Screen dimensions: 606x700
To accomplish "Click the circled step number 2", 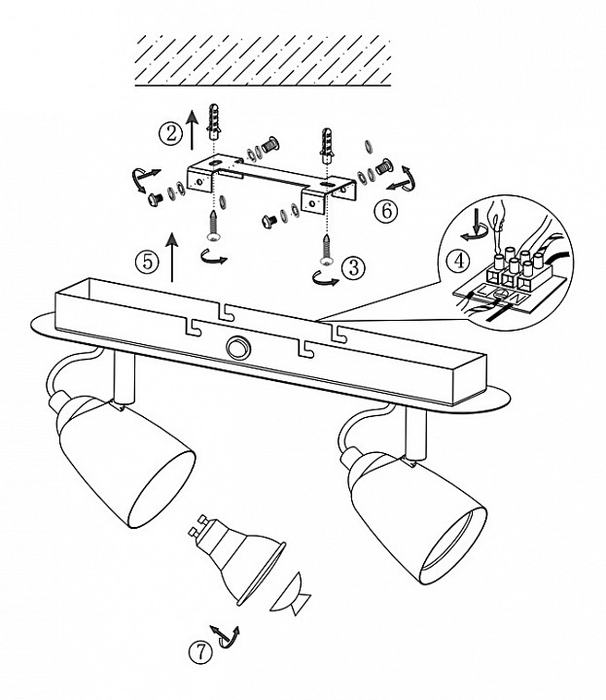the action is [x=170, y=133].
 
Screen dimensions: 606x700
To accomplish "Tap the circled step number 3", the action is [x=353, y=267].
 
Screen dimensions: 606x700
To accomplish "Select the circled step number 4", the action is [x=458, y=260].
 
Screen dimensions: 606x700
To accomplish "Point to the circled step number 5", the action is [x=147, y=262].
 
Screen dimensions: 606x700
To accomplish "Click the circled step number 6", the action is [x=386, y=210].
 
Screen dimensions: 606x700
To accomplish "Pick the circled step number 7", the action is [x=200, y=652].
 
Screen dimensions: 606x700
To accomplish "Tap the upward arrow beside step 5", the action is [x=172, y=257].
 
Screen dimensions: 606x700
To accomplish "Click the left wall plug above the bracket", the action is [x=214, y=122].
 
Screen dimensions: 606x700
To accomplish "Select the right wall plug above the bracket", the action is [x=328, y=145].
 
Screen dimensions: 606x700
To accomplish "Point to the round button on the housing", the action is [x=237, y=347].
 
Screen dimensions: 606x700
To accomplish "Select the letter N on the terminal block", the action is [x=517, y=297].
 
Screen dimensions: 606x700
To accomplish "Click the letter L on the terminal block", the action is [x=485, y=291].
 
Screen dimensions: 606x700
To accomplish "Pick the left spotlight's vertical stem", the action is [x=125, y=377].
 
